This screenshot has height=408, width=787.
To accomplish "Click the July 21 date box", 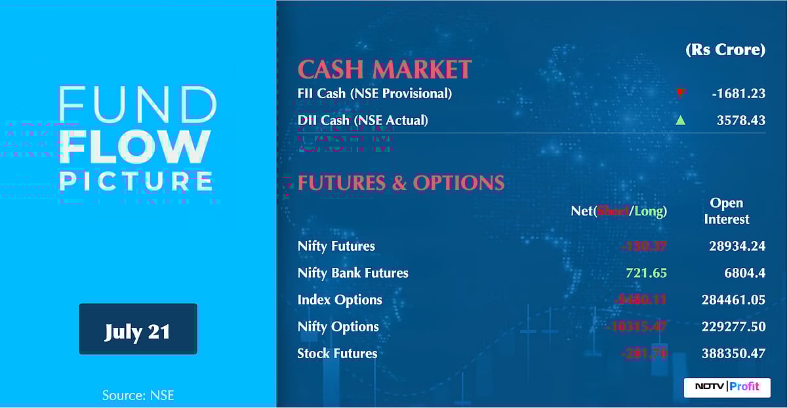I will click(x=138, y=329).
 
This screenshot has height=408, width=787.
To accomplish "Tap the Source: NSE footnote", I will click(x=138, y=395).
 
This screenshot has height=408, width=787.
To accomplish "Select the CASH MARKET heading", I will click(x=384, y=69).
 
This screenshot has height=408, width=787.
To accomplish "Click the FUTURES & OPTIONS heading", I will click(x=401, y=183).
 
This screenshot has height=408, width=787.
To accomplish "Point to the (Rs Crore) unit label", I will click(x=725, y=50).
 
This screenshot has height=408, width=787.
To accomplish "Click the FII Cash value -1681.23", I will click(x=738, y=94).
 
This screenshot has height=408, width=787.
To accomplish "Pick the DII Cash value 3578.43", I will click(x=741, y=121).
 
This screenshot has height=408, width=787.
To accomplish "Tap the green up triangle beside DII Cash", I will click(x=680, y=121).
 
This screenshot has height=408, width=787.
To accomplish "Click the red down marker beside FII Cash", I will click(x=680, y=93).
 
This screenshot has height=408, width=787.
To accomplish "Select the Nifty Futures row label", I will click(x=336, y=246).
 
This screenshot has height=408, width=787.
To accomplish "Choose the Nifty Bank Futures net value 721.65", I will click(x=646, y=273).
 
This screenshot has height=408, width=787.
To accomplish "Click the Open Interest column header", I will click(x=726, y=211).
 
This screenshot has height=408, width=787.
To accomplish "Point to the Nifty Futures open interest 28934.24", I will click(x=737, y=246).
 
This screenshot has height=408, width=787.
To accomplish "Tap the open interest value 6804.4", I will click(x=742, y=273).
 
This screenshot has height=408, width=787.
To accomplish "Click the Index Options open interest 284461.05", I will click(x=733, y=300).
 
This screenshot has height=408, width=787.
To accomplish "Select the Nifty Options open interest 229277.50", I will click(x=733, y=327).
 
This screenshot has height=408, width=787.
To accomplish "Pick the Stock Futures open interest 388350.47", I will click(x=733, y=354).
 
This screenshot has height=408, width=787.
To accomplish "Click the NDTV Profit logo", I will click(x=727, y=386).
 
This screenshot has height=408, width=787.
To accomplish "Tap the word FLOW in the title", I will click(x=136, y=147).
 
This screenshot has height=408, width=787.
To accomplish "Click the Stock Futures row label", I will click(x=337, y=354).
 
